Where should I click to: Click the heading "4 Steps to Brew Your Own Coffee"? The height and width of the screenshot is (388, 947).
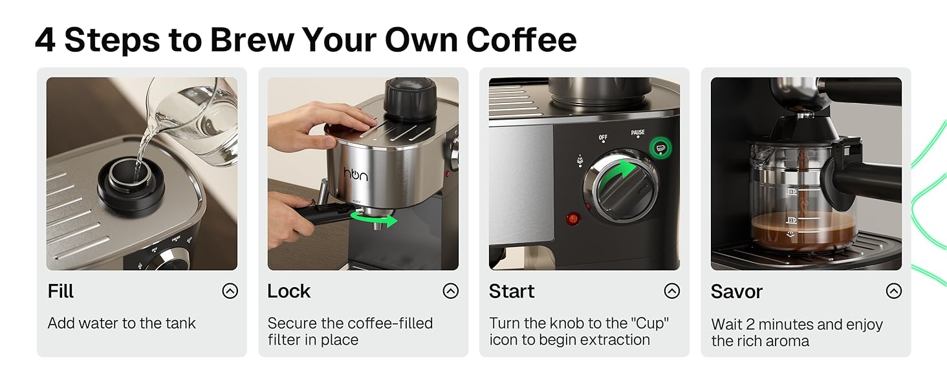(x=305, y=40)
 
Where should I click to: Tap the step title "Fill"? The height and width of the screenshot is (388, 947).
(x=61, y=291)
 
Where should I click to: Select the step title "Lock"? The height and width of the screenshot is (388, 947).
(x=288, y=291)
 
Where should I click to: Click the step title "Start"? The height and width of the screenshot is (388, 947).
(x=512, y=291)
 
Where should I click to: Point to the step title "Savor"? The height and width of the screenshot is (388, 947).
(x=736, y=292)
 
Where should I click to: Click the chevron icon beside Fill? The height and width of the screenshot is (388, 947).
(x=230, y=291)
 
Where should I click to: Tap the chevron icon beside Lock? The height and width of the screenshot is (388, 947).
(x=451, y=291)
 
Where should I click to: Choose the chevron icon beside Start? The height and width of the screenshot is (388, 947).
(x=672, y=291)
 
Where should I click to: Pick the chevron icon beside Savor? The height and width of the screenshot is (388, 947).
(x=893, y=291)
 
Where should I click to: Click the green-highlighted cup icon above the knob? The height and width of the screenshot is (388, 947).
(x=660, y=148)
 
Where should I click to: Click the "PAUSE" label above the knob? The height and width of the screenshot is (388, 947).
(x=637, y=133)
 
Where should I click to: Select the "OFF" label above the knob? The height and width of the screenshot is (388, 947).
(x=603, y=138)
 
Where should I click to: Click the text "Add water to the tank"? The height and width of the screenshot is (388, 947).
(x=122, y=323)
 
